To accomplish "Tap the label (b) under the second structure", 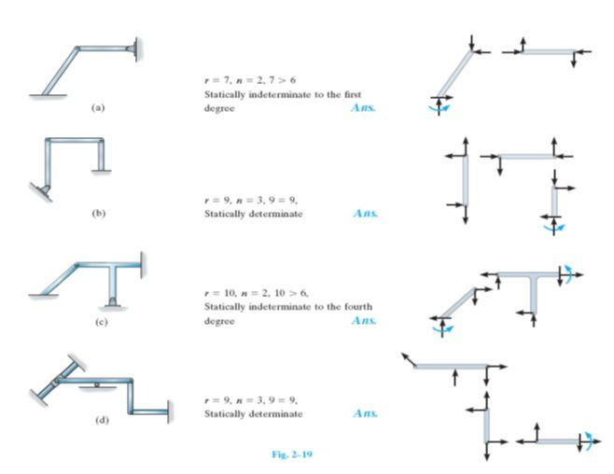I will coord(98,214).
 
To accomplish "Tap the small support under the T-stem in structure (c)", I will coord(112,300).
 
